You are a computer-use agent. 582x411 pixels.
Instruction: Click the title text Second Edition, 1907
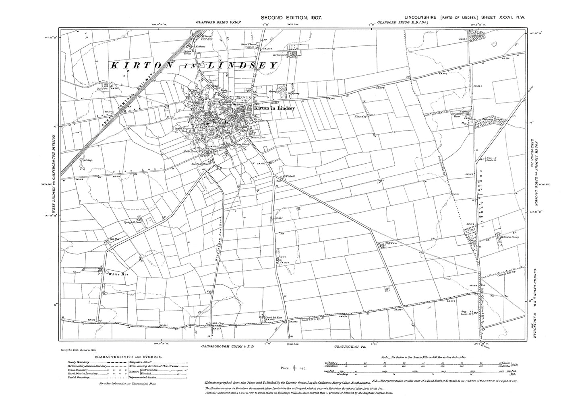point(291,17)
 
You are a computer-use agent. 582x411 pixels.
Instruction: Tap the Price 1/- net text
point(294,368)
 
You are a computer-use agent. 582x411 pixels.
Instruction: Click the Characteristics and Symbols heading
point(128,356)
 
